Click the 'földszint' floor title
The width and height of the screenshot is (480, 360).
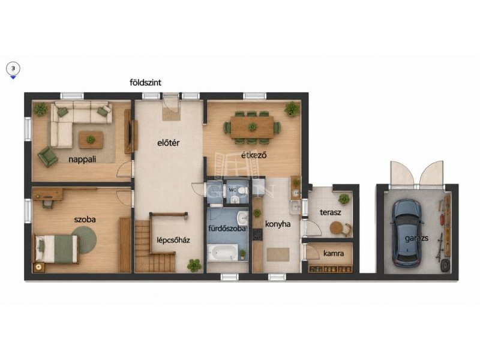(x=145, y=83)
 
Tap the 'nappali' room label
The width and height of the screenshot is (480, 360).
(x=82, y=160)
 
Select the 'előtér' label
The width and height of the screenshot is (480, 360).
(x=169, y=143)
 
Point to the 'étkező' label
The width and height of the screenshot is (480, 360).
(x=254, y=155)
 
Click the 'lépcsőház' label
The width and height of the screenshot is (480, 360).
(x=173, y=241)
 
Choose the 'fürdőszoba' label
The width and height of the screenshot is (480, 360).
(x=227, y=229)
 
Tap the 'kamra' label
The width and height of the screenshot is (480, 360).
(x=334, y=253)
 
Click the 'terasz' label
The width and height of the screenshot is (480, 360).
(x=331, y=212)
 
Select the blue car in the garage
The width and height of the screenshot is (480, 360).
(x=407, y=233)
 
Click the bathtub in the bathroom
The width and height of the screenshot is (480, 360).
(x=223, y=252)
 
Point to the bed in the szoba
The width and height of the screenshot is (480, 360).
(x=56, y=249)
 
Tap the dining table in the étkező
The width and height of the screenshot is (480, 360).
(x=252, y=127)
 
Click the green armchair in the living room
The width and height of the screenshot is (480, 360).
(x=47, y=157)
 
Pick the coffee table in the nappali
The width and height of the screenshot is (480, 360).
(x=91, y=140)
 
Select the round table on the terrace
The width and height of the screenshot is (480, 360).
(x=337, y=228)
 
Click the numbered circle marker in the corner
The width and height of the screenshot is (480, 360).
(x=13, y=68)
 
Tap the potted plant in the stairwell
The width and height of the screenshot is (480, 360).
(x=194, y=265)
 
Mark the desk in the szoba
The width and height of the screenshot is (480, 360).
(x=48, y=194)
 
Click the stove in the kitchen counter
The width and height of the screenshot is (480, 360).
(x=257, y=234)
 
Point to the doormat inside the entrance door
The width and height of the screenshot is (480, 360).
(x=171, y=113)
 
